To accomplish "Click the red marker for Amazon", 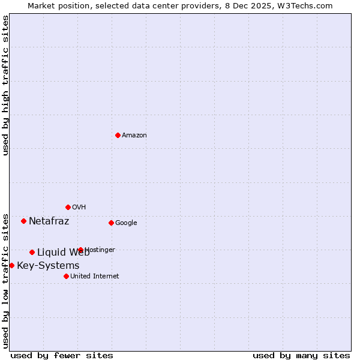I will [x=118, y=135].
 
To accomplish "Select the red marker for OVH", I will [x=68, y=207].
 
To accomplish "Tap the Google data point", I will [x=111, y=223].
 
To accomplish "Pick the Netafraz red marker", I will [x=23, y=221].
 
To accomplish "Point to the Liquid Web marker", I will [x=32, y=252].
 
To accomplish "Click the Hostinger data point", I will [x=80, y=250].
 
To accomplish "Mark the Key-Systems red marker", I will [x=11, y=265].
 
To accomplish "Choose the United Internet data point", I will [x=66, y=276].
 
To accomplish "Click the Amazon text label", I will [x=134, y=136].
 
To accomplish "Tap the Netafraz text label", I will [x=49, y=221].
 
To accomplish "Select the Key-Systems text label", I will [x=48, y=266].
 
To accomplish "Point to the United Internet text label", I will [x=94, y=277].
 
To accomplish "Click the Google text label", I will [x=126, y=223].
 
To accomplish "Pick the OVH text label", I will [x=79, y=208].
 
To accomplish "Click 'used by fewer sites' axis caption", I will [x=62, y=355].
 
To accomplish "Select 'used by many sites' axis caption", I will [x=301, y=355].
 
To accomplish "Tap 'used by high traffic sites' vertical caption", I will [x=5, y=85].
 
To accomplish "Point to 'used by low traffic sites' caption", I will [x=5, y=281].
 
